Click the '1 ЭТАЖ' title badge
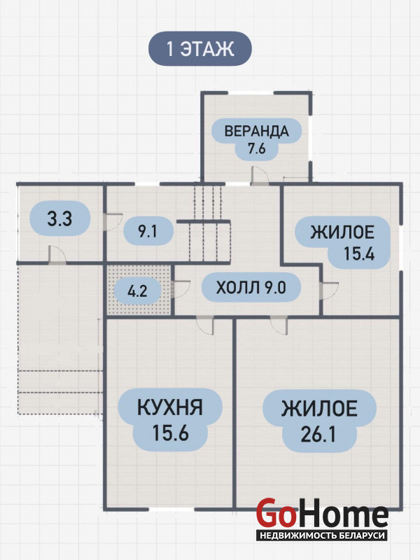tap(200, 48)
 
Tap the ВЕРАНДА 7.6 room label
tap(256, 139)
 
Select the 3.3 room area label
tap(59, 218)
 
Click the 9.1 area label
tap(148, 232)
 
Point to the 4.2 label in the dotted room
tap(137, 290)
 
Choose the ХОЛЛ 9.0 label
tap(251, 288)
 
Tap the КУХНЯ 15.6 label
tap(170, 419)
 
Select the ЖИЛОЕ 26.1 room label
tap(319, 421)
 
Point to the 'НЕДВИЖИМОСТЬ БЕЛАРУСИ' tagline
tap(322, 535)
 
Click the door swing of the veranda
tap(258, 176)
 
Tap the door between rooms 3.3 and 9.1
tap(113, 222)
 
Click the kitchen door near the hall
tap(205, 325)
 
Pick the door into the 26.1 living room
tap(279, 325)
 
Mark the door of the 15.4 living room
tap(329, 290)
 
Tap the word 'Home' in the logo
tap(342, 513)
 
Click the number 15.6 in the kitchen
tap(170, 433)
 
